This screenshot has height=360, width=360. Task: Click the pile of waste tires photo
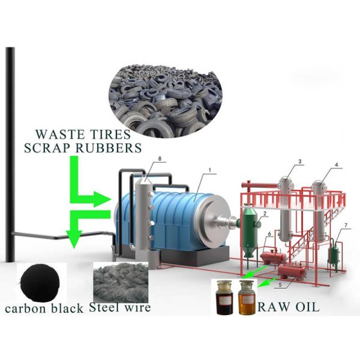click(x=166, y=95)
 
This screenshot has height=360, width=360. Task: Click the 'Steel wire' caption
click(x=119, y=309)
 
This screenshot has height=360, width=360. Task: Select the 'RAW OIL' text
click(x=288, y=308)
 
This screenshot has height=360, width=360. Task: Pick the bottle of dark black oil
click(x=224, y=297)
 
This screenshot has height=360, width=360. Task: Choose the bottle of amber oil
click(x=246, y=297)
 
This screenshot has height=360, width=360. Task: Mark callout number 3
click(x=299, y=161)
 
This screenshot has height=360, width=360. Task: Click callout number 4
click(x=337, y=164)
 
